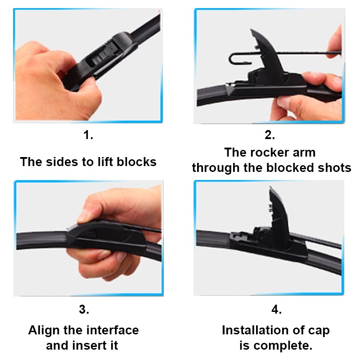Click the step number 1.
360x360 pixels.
pyautogui.click(x=88, y=135)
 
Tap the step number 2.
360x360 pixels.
pyautogui.click(x=270, y=135)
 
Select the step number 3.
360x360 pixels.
pyautogui.click(x=84, y=310)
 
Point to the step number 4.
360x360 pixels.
pyautogui.click(x=276, y=310)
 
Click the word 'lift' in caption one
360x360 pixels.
pyautogui.click(x=105, y=162)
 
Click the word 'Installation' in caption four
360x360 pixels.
pyautogui.click(x=255, y=330)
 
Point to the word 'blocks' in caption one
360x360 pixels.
pyautogui.click(x=137, y=162)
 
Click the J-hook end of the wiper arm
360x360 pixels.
pyautogui.click(x=239, y=59)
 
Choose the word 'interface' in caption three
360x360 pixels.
pyautogui.click(x=112, y=330)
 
